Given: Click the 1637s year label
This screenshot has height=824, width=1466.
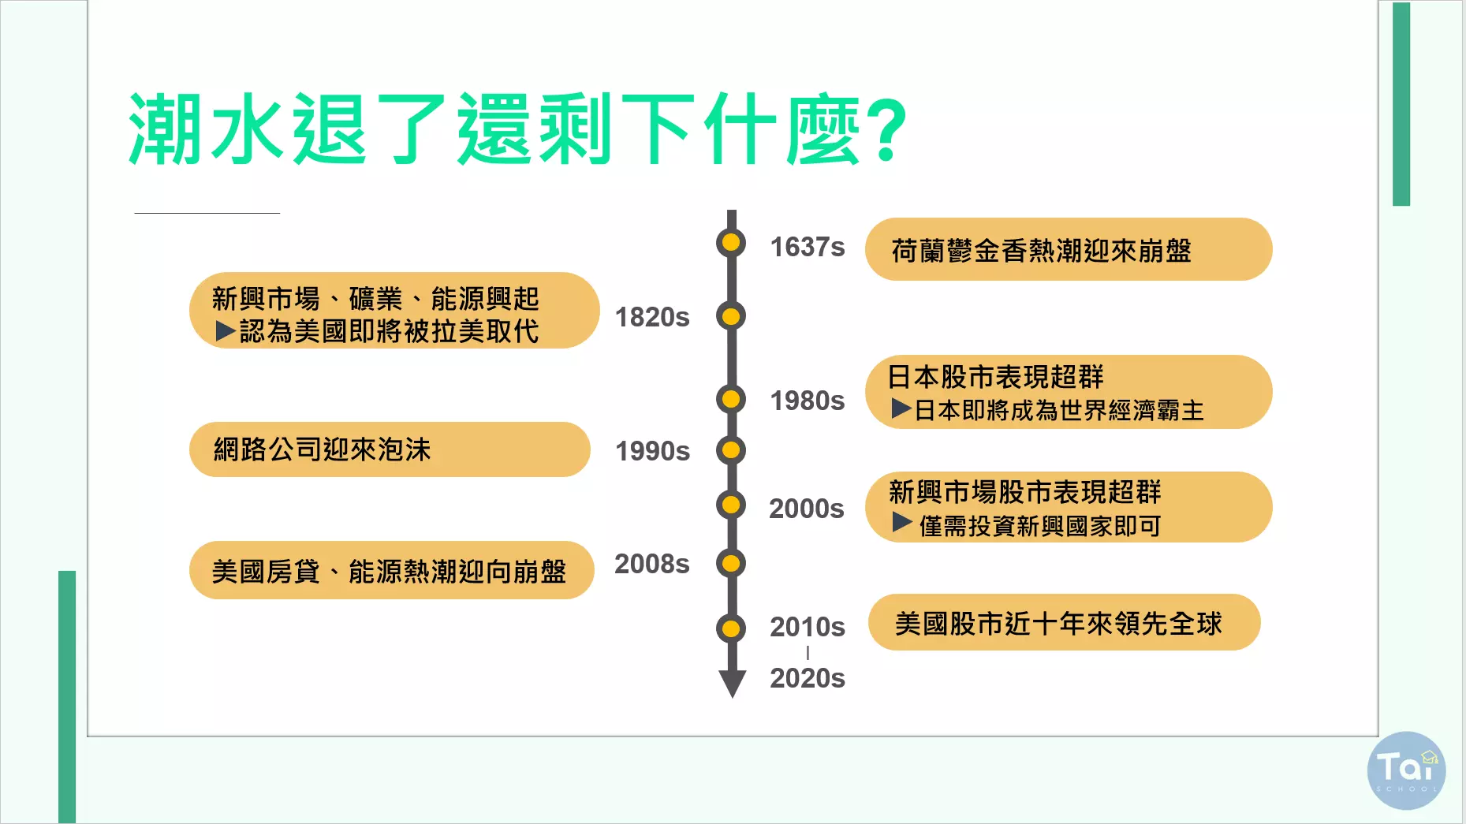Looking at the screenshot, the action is [807, 248].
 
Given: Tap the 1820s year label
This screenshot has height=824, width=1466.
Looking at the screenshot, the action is [652, 317].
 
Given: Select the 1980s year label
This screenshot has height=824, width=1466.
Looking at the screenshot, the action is [807, 401].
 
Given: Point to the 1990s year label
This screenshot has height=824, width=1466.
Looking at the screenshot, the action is [652, 451].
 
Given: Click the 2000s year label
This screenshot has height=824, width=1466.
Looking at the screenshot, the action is [807, 509].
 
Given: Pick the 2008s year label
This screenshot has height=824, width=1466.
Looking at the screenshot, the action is [652, 564].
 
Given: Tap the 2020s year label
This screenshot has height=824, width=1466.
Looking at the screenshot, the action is [808, 678].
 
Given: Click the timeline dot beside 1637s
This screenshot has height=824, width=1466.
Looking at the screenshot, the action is [731, 242].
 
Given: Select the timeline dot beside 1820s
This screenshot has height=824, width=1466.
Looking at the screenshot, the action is [731, 316].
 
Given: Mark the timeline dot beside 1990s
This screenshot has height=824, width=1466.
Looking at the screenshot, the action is [731, 450].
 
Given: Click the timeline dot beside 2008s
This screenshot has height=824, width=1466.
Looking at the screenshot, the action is [731, 563].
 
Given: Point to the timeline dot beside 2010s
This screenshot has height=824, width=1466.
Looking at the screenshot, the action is [731, 628].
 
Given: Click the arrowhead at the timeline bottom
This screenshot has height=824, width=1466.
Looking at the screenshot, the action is [732, 684].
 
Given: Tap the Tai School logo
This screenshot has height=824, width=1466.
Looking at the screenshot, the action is [1406, 771].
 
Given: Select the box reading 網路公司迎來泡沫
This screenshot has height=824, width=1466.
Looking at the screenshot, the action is [390, 449].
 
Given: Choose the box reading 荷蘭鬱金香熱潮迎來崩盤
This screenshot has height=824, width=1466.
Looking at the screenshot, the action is [1069, 249].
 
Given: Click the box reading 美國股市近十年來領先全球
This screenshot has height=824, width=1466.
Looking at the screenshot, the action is [1064, 622].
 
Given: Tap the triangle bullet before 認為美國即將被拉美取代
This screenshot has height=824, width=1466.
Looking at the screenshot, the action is [226, 331].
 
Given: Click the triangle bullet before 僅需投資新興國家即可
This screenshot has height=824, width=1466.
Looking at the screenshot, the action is [902, 521].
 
